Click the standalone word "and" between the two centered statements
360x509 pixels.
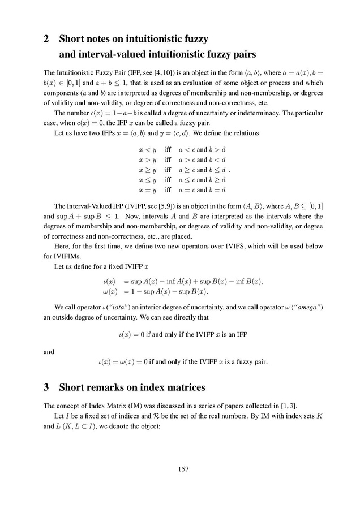(x=49, y=351)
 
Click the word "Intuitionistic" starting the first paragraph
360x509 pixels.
(x=70, y=73)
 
